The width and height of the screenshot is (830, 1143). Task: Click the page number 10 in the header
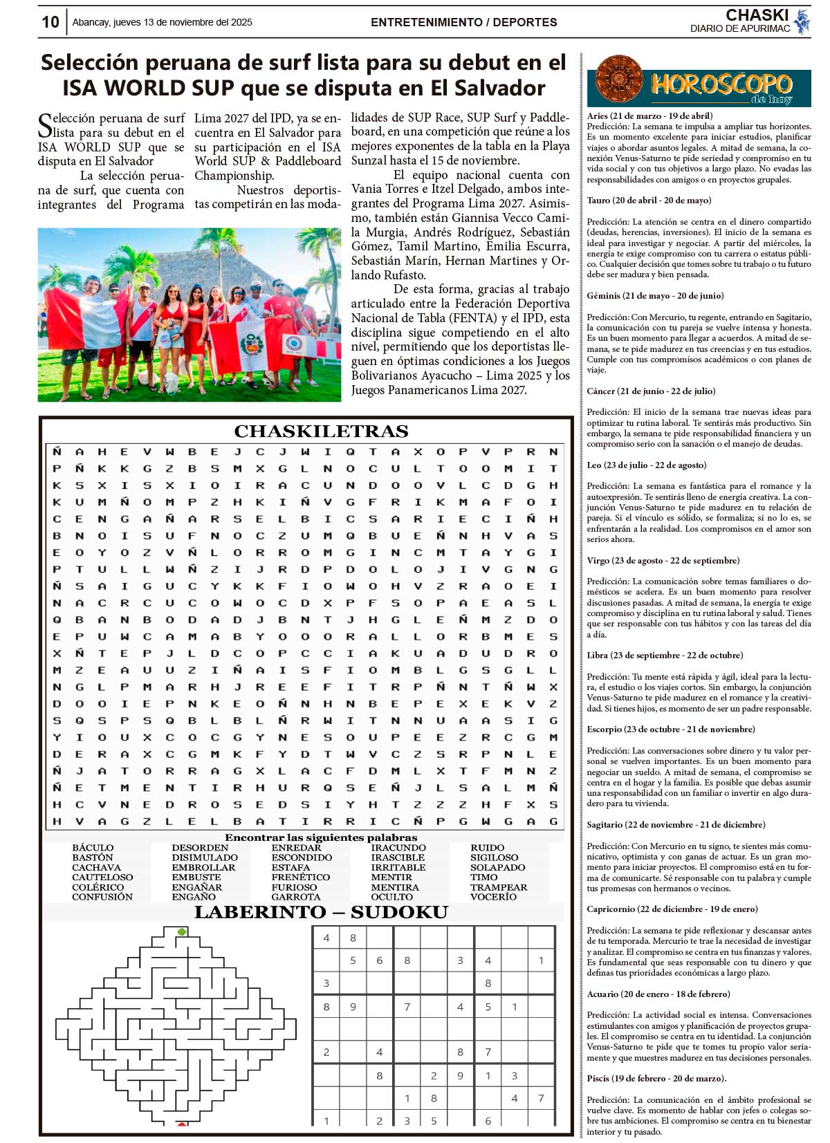coord(50,22)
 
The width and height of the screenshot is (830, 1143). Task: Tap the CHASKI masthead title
coord(757,15)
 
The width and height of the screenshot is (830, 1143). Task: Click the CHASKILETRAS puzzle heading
coord(321,431)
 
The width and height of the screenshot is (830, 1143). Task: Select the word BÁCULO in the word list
coord(93,848)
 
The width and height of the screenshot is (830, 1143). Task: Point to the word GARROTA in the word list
coord(295,897)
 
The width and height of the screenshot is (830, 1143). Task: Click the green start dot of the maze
coord(182,932)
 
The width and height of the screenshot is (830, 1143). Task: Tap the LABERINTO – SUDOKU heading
coord(321,913)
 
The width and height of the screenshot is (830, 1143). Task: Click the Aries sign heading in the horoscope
coord(649,116)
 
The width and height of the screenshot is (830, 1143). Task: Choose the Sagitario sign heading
coord(676,825)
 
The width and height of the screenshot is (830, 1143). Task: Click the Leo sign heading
coord(647,465)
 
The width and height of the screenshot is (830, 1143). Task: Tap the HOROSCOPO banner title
coord(721,84)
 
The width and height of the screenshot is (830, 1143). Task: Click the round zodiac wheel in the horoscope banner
coord(618,81)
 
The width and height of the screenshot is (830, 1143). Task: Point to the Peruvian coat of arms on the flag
coord(251,344)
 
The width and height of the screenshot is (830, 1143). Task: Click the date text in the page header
coord(162,22)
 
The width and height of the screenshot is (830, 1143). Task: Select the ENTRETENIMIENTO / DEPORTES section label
coord(463,22)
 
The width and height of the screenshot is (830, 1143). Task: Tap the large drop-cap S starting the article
coord(44,126)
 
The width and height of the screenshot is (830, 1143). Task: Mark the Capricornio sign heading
coord(672,909)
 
